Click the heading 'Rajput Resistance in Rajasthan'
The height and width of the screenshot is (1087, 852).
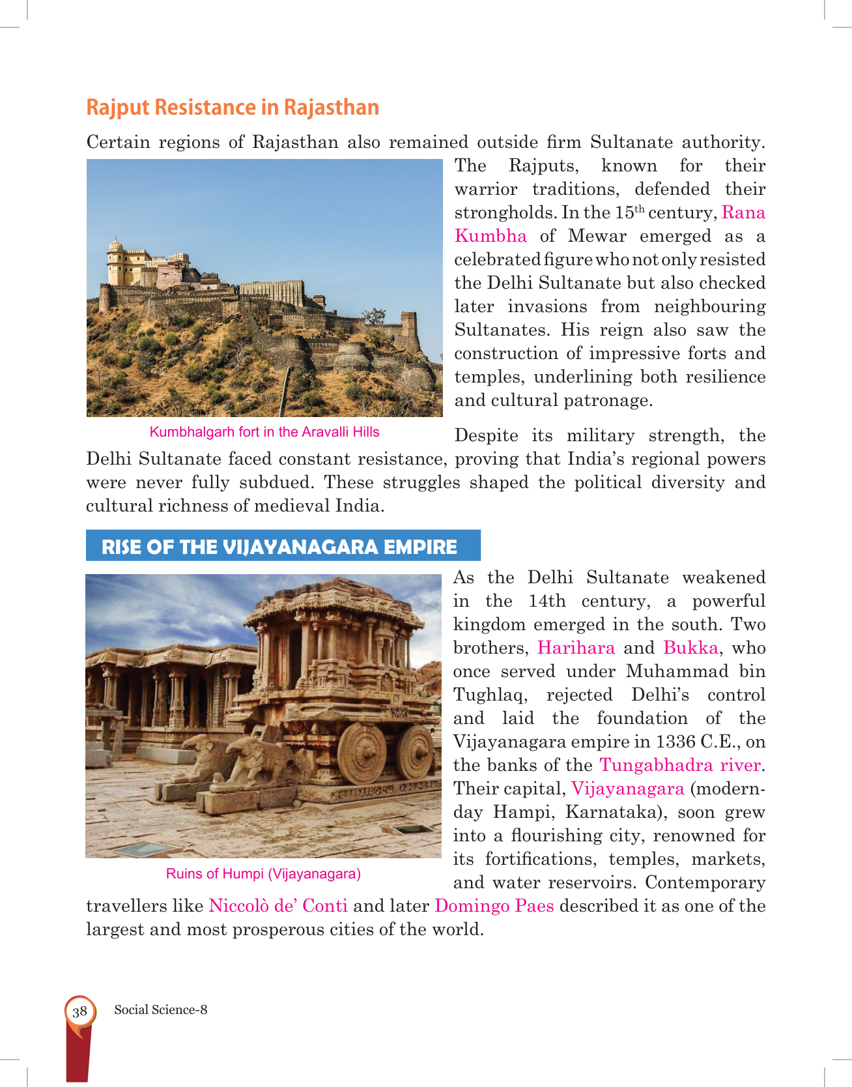pyautogui.click(x=233, y=108)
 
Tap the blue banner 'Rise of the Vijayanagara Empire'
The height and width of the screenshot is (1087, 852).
pyautogui.click(x=279, y=546)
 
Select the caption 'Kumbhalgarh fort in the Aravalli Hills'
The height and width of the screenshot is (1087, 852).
pyautogui.click(x=264, y=432)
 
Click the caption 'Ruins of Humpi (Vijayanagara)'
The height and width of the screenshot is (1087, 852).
pyautogui.click(x=263, y=874)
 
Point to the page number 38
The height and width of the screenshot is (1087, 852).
pyautogui.click(x=80, y=1011)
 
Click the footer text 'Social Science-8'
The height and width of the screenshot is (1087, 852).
pyautogui.click(x=161, y=1009)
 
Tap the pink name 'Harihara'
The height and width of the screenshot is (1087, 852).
pyautogui.click(x=576, y=648)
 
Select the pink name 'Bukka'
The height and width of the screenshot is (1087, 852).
pyautogui.click(x=690, y=648)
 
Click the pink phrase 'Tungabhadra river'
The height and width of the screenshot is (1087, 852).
pyautogui.click(x=680, y=765)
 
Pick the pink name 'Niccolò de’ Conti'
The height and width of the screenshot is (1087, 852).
pyautogui.click(x=278, y=906)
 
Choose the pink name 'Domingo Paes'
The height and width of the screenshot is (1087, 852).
pyautogui.click(x=494, y=906)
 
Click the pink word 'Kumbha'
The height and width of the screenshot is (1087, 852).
pyautogui.click(x=490, y=236)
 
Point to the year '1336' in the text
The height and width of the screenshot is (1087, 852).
pyautogui.click(x=675, y=742)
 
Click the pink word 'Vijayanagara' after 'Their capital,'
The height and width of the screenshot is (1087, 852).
pyautogui.click(x=627, y=789)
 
